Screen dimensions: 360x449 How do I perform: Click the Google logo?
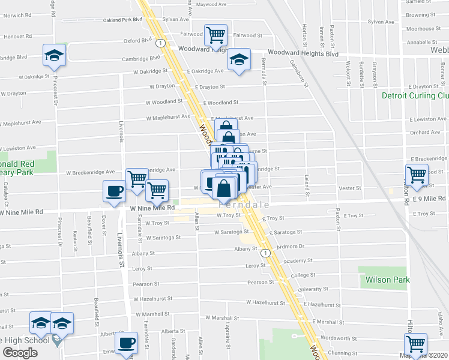20,353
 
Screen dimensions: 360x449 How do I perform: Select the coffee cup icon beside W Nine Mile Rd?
114,191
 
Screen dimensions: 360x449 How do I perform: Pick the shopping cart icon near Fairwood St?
215,34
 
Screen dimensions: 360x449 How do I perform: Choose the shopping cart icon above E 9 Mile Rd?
416,175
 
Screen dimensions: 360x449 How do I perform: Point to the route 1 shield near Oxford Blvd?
160,43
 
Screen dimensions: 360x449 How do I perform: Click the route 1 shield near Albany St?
266,254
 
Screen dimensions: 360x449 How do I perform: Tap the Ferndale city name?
265,205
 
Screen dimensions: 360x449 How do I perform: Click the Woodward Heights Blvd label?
303,53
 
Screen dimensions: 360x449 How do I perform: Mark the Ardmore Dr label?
291,246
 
